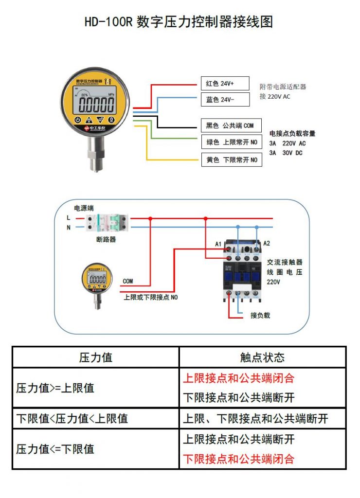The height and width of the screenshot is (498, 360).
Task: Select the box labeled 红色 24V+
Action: [x=225, y=83]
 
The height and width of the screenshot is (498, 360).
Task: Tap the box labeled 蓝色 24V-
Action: [x=225, y=100]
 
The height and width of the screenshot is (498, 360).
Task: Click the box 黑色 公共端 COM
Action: [x=231, y=125]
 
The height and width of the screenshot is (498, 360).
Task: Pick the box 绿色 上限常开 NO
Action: [x=231, y=142]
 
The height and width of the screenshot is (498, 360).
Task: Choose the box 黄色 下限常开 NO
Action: [x=231, y=160]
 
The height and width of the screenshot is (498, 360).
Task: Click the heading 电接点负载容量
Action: [x=292, y=133]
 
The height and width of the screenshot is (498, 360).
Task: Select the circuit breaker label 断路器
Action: [x=106, y=240]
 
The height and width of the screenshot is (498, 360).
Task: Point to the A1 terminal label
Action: [x=218, y=244]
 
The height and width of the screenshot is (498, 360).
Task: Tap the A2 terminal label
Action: [x=266, y=244]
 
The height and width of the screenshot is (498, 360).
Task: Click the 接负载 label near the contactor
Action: [x=260, y=315]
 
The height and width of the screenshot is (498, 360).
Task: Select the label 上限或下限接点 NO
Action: [x=151, y=297]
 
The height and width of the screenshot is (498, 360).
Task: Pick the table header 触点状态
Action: [x=262, y=357]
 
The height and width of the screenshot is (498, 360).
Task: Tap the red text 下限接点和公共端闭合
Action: [x=239, y=459]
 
